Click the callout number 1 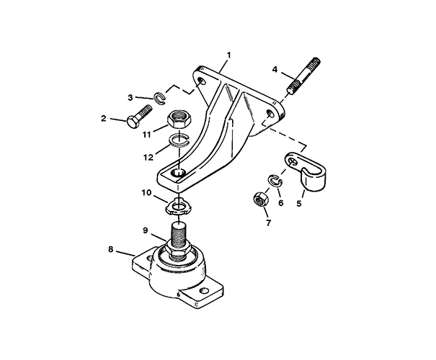click(229, 55)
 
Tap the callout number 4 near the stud click(275, 69)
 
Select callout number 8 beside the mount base click(111, 249)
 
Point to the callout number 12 click(148, 158)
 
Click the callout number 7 click(268, 222)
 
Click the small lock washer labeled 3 click(160, 99)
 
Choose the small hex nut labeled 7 click(261, 200)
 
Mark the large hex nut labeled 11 click(179, 120)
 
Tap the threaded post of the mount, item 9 click(178, 235)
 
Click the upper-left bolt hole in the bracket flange click(203, 81)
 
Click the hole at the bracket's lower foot click(178, 172)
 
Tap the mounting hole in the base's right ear click(205, 291)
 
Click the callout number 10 click(146, 192)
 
